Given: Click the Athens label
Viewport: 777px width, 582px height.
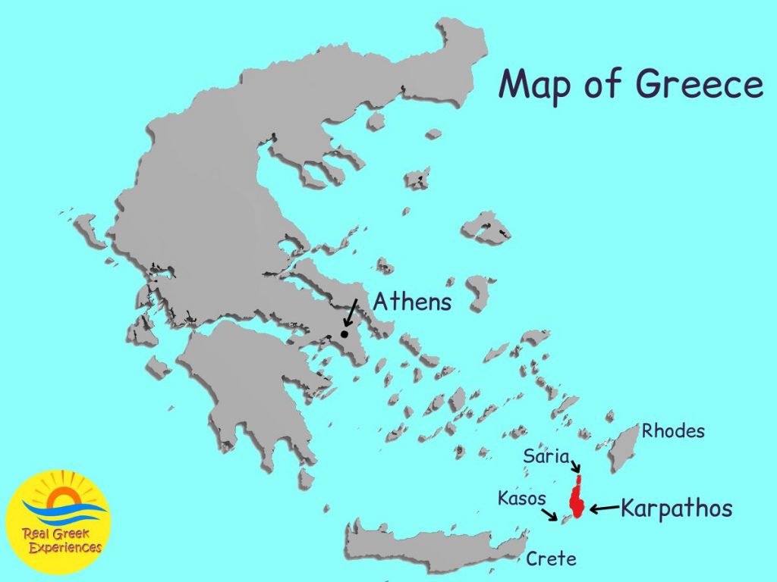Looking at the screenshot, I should pyautogui.click(x=412, y=302).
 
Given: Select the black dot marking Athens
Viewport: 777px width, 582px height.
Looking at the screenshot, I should pyautogui.click(x=344, y=333).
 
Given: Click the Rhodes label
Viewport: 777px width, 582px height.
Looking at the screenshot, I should pyautogui.click(x=673, y=432).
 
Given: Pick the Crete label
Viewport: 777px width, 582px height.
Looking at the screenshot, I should pyautogui.click(x=552, y=559).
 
